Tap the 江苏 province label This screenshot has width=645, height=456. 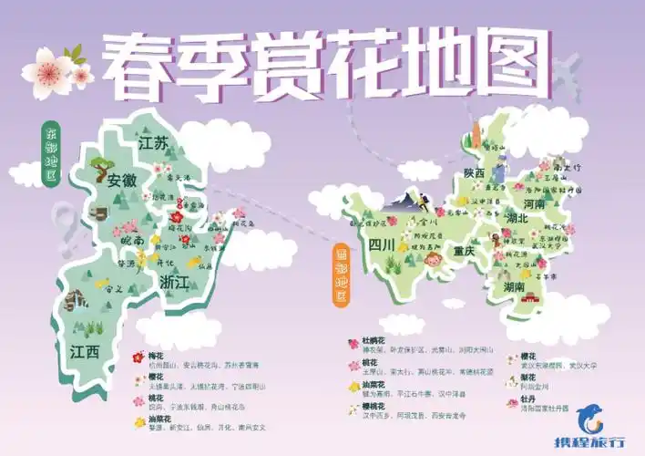[x=154, y=144]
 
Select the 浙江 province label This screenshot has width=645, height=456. [x=173, y=282]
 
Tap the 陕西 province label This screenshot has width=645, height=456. [x=474, y=173]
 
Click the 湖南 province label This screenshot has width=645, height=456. [x=514, y=286]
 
